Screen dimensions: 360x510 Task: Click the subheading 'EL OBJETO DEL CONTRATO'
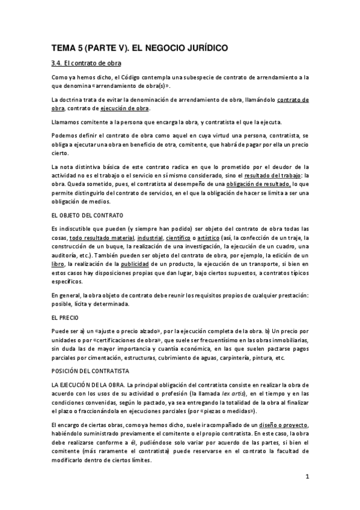pos(87,215)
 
